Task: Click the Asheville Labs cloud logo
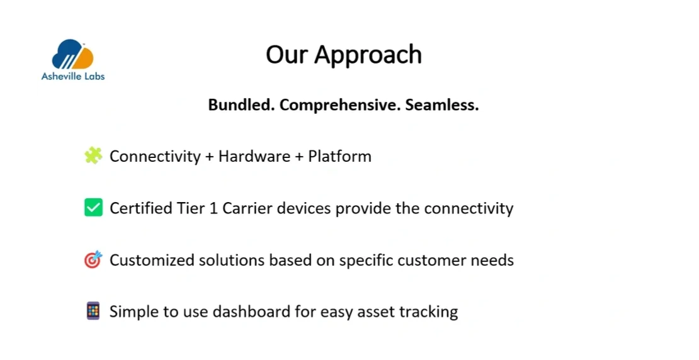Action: tap(72, 54)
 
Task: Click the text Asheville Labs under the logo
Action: tap(73, 76)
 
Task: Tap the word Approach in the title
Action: tap(368, 55)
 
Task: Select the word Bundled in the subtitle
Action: tap(242, 104)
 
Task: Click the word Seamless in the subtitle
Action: tap(442, 104)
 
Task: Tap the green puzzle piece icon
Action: tap(93, 155)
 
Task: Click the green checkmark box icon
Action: tap(94, 208)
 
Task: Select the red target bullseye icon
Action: tap(93, 259)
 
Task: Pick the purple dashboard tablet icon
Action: tap(93, 311)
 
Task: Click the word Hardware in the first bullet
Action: tap(254, 156)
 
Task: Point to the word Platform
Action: tap(339, 156)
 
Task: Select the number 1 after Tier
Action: tap(213, 208)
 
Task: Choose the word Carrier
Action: tap(247, 208)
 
